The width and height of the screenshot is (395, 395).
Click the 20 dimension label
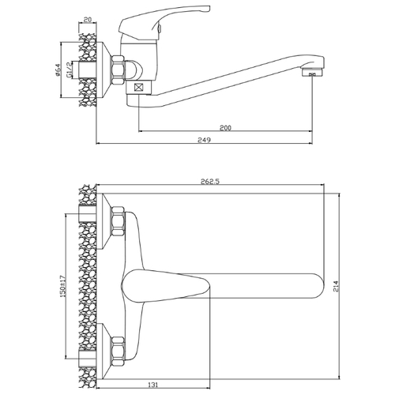click(x=88, y=20)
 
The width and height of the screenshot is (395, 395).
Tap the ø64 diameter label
click(x=58, y=70)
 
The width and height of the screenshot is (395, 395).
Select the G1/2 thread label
click(x=69, y=70)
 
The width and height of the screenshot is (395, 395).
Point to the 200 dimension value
click(x=225, y=128)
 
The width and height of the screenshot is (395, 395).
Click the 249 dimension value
click(x=205, y=140)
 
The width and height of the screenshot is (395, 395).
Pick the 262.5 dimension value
click(x=210, y=181)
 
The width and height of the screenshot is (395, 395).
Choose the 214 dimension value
click(x=336, y=286)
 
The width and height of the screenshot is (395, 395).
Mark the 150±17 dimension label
click(x=62, y=287)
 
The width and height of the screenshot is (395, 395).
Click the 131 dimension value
click(x=153, y=385)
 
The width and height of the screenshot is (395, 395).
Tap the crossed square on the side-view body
click(x=138, y=87)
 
